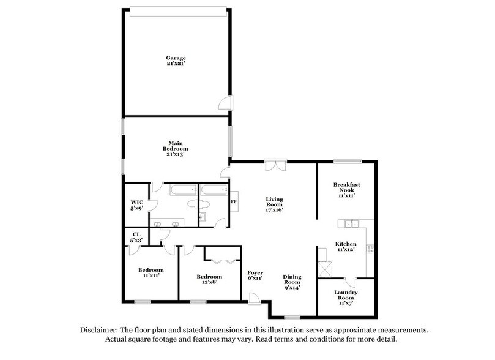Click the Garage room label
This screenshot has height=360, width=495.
[x=179, y=61]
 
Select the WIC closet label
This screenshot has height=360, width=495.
[x=136, y=204]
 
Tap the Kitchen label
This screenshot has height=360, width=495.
[x=344, y=247]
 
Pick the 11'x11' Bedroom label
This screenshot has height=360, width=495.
[x=151, y=272]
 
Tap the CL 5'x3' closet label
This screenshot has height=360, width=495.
[x=136, y=236]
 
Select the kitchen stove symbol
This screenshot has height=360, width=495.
[x=369, y=249]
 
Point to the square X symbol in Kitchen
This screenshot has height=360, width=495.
[x=325, y=267]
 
